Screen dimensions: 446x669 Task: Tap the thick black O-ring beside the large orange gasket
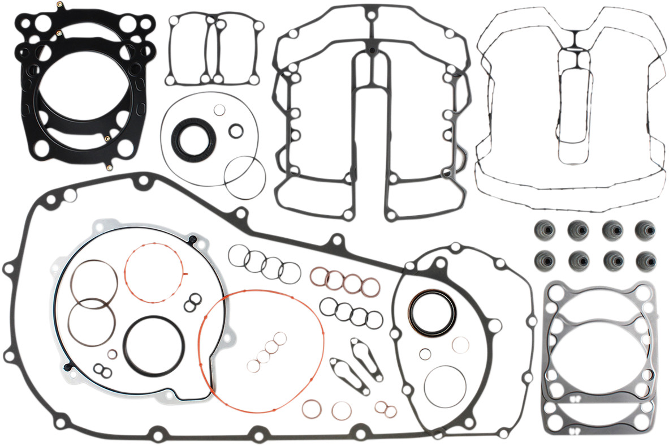point(153,345)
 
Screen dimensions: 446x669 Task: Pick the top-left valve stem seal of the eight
point(543,229)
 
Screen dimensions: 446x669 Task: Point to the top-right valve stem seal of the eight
point(644,229)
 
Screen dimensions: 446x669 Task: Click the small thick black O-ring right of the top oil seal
point(236,131)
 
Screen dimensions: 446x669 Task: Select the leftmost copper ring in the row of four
point(319,276)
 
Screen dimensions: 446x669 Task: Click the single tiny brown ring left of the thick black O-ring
point(113,354)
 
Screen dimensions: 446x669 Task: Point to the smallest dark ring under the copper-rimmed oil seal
point(424,355)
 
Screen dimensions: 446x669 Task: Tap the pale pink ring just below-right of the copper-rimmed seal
point(460,345)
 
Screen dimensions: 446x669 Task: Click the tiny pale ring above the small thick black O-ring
point(220,110)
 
